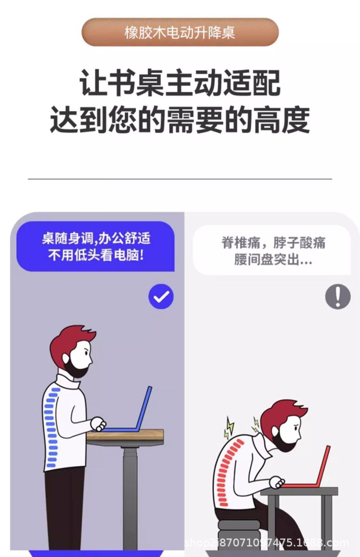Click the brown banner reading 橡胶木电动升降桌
pos(180,32)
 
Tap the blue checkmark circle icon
pos(161,296)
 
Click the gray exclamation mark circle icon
pos(338,296)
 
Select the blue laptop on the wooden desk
pos(124,410)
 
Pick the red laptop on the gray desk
pos(309,467)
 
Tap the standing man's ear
pos(66,358)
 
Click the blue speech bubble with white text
pos(95,246)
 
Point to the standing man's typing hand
pos(98,424)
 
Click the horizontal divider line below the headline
pos(180,179)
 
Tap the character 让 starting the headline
pos(93,83)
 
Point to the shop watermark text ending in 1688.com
pos(267,542)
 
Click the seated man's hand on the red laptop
pos(277,482)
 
